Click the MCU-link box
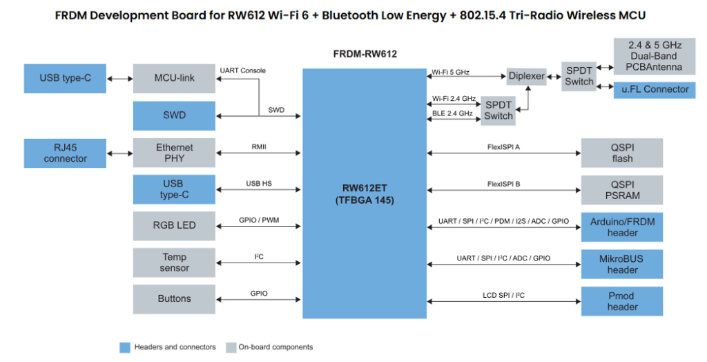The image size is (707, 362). [174, 79]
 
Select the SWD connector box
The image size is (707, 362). [174, 115]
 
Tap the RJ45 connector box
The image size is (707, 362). [65, 153]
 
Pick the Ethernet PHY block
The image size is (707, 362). [174, 153]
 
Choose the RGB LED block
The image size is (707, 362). [174, 226]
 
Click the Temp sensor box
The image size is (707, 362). [174, 263]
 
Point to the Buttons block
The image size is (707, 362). [174, 299]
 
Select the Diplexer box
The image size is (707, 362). [527, 76]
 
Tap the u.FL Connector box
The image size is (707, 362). [655, 90]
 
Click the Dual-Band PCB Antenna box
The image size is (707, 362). [655, 57]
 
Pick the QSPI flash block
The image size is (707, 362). [622, 153]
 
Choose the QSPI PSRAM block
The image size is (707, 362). [622, 190]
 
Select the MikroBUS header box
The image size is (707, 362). [622, 264]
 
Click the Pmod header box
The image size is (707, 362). [622, 301]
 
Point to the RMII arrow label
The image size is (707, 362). [259, 147]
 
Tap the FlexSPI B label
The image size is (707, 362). [503, 184]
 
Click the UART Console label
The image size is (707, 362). [242, 70]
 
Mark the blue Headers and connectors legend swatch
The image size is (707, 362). [125, 347]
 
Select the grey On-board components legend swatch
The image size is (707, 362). [231, 347]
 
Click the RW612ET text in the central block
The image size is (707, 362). [365, 188]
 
